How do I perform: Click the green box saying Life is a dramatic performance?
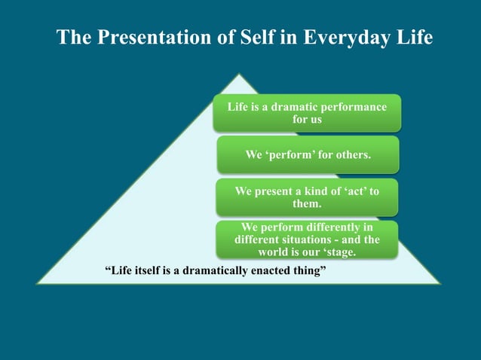(x=308, y=113)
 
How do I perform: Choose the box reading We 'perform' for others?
(x=308, y=155)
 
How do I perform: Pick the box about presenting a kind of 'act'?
(x=307, y=197)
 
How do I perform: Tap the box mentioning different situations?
(x=307, y=239)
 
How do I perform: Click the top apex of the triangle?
(x=239, y=74)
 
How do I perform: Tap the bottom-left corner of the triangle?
(x=38, y=283)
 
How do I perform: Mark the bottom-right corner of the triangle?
(x=440, y=283)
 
